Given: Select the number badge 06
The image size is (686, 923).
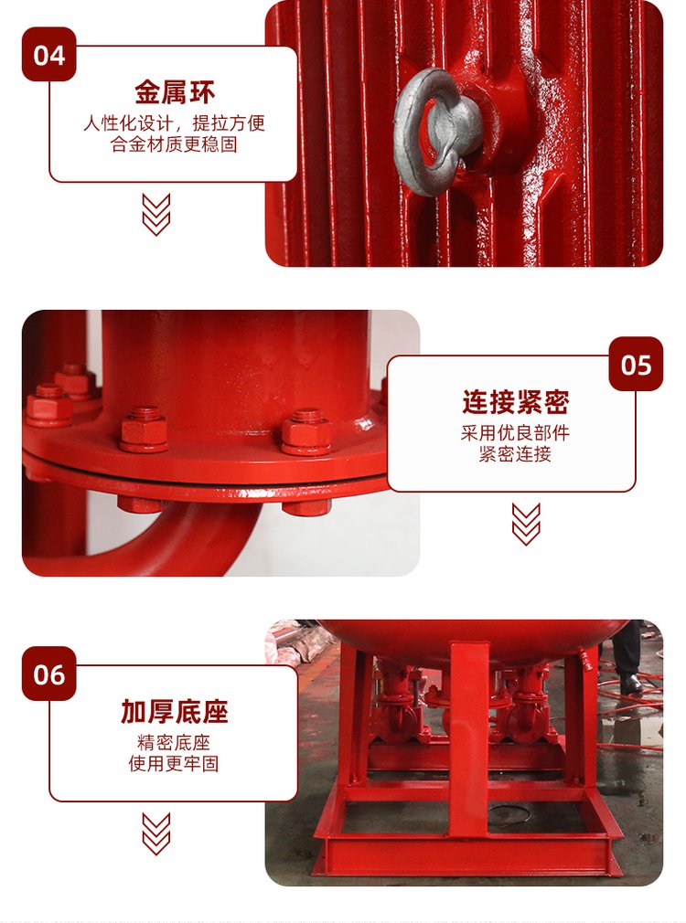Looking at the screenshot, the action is click(x=48, y=674).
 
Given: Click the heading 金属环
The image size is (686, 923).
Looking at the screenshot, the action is click(x=175, y=91).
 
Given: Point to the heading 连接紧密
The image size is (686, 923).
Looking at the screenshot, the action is click(x=515, y=402).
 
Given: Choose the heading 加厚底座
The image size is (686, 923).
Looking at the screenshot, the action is click(x=175, y=712).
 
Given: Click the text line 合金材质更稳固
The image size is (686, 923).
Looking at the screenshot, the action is click(x=174, y=144).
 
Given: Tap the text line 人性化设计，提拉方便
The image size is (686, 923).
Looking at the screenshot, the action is click(x=175, y=123).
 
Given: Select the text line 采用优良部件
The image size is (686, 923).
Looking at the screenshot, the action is click(x=515, y=433).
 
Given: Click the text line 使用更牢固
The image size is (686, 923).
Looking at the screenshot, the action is click(x=174, y=763).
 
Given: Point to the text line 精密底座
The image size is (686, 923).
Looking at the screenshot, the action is click(x=174, y=743).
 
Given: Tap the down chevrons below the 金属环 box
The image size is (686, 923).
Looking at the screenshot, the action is click(x=156, y=214).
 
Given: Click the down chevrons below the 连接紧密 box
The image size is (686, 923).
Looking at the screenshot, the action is click(x=526, y=524).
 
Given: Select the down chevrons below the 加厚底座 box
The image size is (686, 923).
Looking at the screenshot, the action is click(x=156, y=833).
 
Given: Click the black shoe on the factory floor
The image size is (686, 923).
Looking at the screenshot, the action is click(x=630, y=684).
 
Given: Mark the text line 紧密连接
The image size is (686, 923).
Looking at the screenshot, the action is click(x=515, y=454).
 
